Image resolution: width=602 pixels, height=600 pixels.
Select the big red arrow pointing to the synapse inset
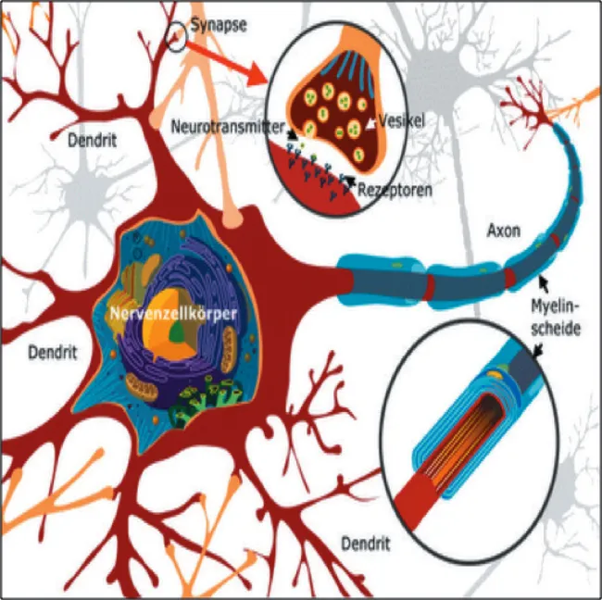(235, 67)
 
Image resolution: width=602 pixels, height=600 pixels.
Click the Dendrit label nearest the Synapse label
(94, 142)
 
